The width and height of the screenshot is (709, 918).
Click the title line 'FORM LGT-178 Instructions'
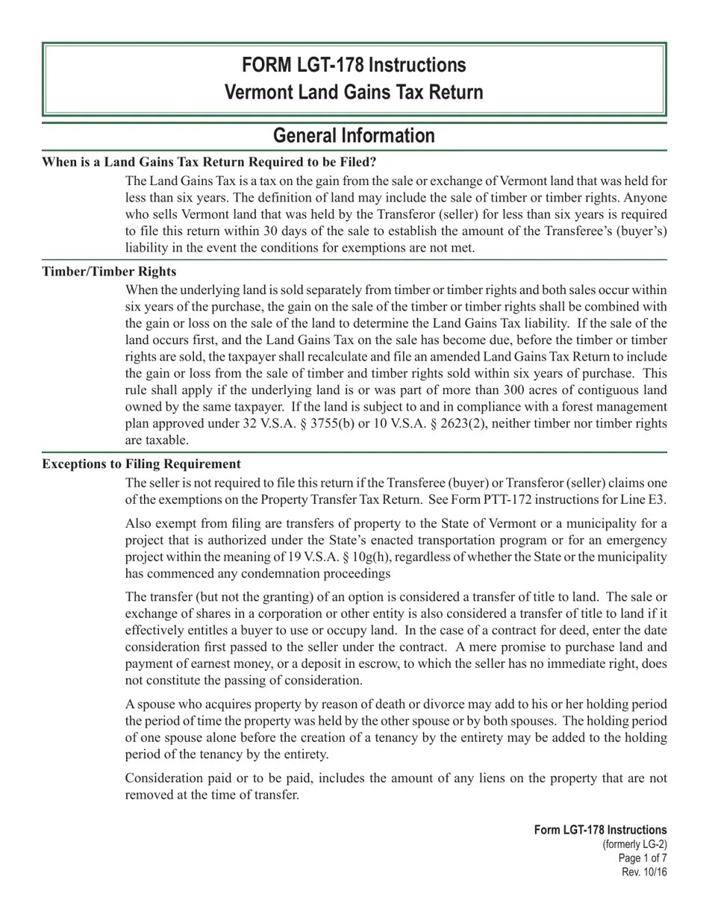(x=354, y=65)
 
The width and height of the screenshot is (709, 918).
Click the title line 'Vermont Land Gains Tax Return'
(x=354, y=93)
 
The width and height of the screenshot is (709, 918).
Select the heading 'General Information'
(x=354, y=136)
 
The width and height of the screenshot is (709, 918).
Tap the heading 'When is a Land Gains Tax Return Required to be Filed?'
(x=209, y=162)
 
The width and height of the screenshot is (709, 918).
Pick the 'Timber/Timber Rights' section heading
(x=109, y=271)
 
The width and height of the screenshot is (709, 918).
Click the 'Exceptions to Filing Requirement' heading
(x=141, y=463)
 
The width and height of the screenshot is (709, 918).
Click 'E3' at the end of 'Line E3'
(x=658, y=499)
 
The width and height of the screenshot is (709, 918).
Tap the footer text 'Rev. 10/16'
(x=644, y=872)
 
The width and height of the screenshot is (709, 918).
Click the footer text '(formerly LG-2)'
(x=634, y=844)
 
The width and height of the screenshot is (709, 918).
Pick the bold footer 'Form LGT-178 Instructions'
(x=600, y=830)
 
